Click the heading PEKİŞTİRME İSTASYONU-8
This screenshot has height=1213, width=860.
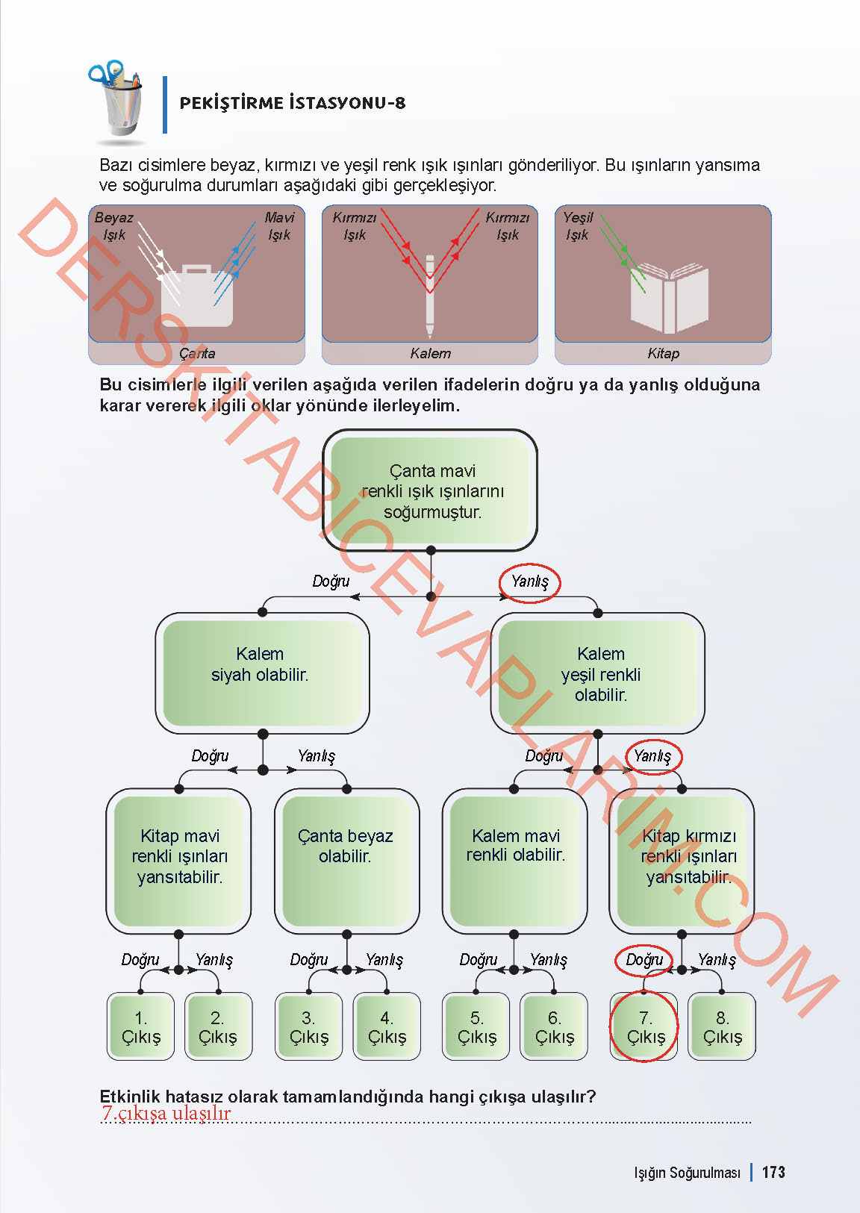[292, 103]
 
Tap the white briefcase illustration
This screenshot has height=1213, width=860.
[197, 294]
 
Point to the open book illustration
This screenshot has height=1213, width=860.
[669, 297]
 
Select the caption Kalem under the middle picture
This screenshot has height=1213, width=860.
[430, 353]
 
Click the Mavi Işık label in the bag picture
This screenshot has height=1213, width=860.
[279, 225]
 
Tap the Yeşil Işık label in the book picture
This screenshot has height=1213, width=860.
[578, 225]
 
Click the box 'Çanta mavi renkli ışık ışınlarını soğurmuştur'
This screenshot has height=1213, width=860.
[431, 490]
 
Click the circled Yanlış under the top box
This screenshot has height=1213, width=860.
[529, 581]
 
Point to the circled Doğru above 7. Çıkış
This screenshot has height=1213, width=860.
[644, 960]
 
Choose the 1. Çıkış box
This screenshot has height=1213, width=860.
[141, 1027]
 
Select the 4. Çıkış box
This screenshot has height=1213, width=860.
[387, 1027]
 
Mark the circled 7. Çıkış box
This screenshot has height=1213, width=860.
[645, 1027]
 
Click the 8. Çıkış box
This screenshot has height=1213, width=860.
[722, 1027]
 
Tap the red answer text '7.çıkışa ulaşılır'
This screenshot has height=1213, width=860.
[166, 1113]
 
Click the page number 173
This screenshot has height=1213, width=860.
[773, 1172]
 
